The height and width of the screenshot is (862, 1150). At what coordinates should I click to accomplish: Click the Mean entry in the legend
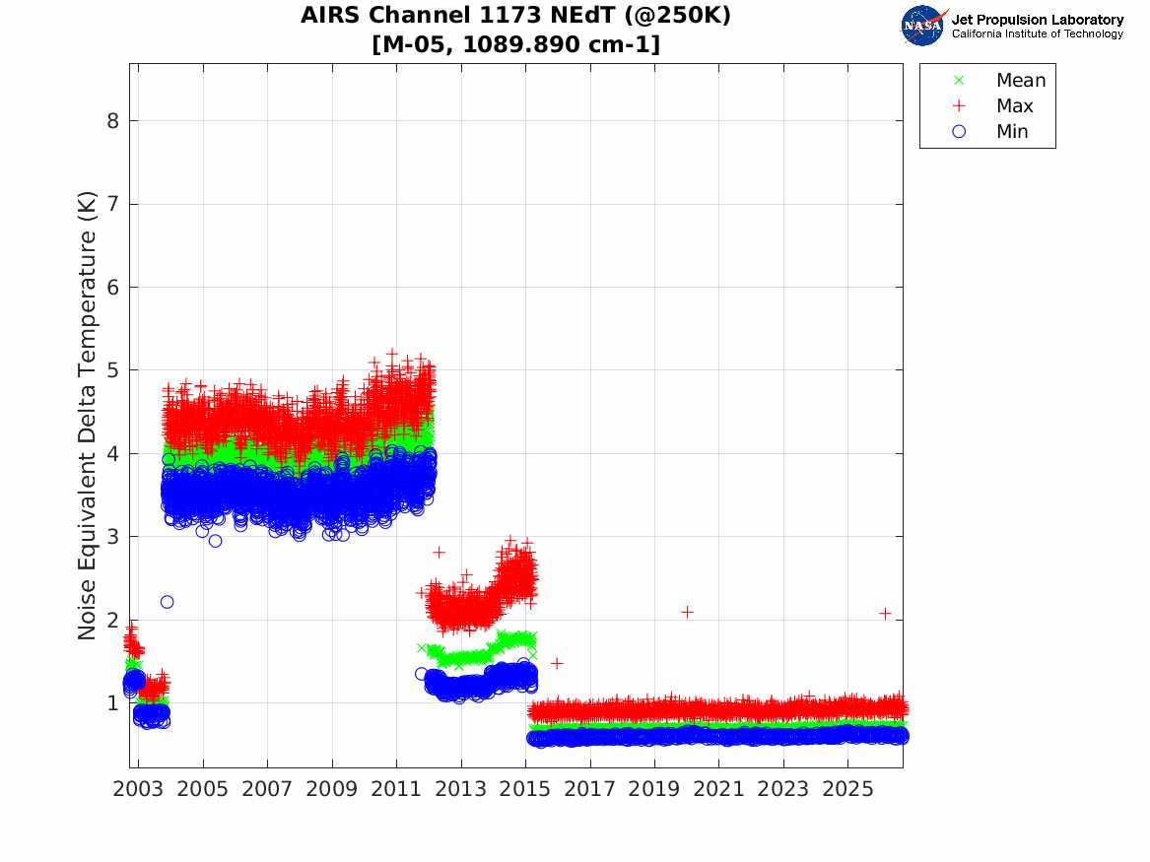click(x=1000, y=80)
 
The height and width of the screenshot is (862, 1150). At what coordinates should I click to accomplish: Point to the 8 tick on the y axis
click(x=112, y=121)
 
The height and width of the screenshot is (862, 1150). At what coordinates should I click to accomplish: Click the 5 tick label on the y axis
click(x=112, y=370)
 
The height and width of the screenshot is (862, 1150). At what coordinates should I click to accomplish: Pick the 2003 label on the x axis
click(x=138, y=789)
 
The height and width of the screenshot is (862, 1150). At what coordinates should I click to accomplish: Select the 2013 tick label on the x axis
click(x=460, y=789)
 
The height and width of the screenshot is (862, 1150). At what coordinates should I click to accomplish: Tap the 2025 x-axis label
click(x=847, y=789)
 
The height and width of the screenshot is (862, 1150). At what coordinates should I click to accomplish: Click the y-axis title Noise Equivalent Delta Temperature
click(x=87, y=416)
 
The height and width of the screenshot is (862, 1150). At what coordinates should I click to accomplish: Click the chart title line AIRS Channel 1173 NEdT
click(x=515, y=15)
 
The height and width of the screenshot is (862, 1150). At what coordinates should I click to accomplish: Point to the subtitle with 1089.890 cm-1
click(x=515, y=44)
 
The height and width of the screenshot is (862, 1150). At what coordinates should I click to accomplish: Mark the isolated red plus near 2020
click(x=687, y=612)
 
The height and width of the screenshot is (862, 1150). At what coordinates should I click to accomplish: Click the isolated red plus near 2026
click(x=885, y=613)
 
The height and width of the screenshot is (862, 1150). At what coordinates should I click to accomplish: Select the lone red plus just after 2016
click(x=557, y=663)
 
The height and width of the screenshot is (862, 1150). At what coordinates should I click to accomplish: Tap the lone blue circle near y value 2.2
click(x=167, y=602)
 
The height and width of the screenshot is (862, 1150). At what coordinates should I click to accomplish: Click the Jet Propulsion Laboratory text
click(x=1037, y=20)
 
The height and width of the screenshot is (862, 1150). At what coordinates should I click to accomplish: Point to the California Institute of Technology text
click(x=1037, y=33)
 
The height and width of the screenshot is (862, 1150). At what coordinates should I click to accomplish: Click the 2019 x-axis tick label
click(x=654, y=789)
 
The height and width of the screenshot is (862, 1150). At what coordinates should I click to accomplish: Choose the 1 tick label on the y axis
click(x=112, y=703)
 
